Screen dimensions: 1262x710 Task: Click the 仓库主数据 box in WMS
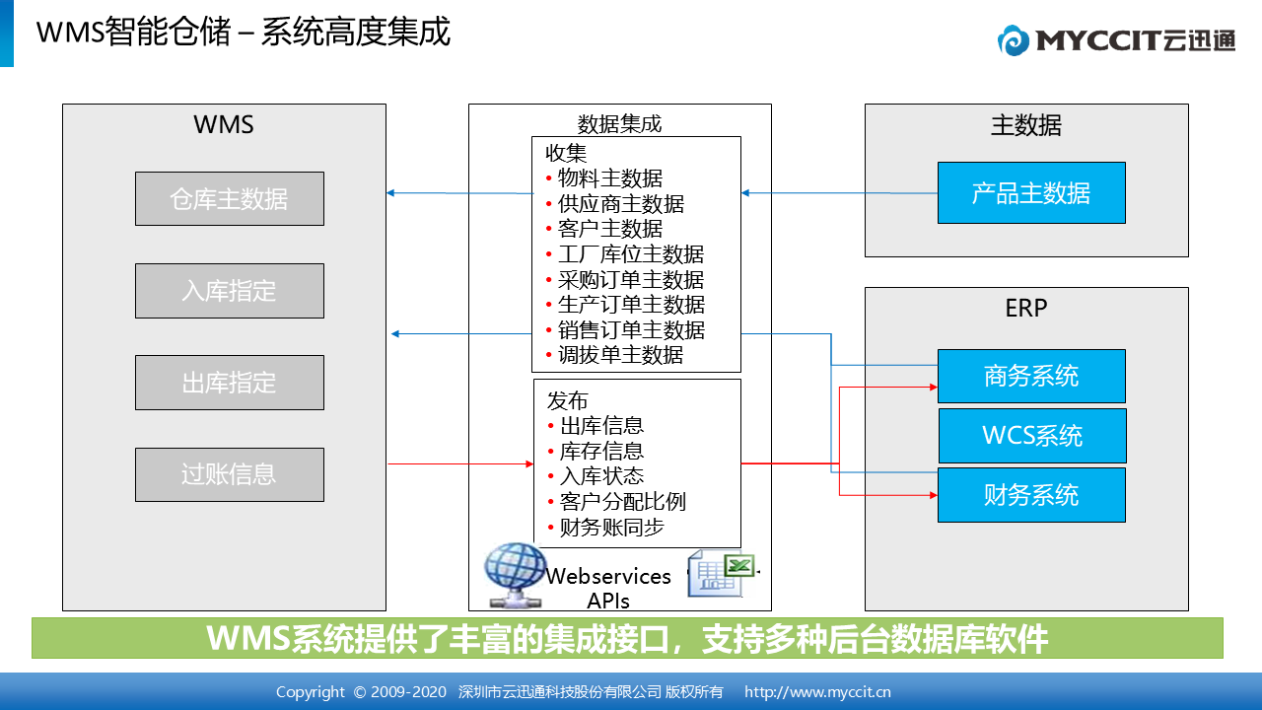pos(230,198)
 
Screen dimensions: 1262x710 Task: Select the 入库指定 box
pos(230,291)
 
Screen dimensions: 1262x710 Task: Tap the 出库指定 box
pos(230,383)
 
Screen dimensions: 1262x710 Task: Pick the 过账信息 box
pos(230,474)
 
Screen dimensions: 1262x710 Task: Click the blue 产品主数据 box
pos(1031,192)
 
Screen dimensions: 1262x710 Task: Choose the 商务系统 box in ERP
pos(1031,376)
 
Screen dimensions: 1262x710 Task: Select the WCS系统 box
pos(1032,436)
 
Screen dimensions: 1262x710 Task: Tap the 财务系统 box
pos(1031,495)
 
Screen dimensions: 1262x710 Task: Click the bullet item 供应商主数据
pos(620,204)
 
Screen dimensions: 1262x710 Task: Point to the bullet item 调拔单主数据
pos(620,355)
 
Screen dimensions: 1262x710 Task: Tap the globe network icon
pos(515,575)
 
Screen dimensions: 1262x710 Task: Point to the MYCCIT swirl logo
pos(1013,40)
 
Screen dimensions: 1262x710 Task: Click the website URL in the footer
pos(817,691)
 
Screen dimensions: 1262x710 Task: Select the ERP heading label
pos(1026,309)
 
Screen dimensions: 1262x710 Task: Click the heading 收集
pos(566,153)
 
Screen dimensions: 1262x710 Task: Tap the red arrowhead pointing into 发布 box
pos(529,463)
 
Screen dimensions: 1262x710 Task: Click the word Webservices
pos(608,576)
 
